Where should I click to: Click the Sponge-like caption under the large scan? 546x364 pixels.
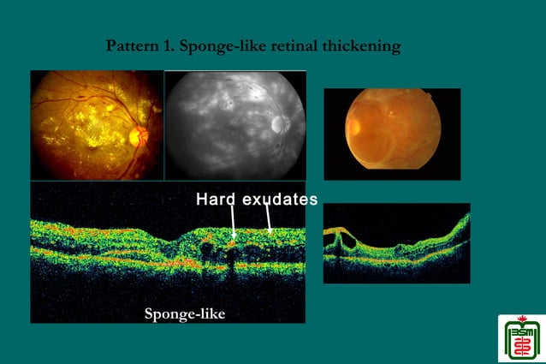[184, 313]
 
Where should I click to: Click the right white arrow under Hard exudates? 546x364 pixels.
[270, 222]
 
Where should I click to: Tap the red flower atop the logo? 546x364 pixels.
[520, 319]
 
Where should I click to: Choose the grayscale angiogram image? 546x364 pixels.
[234, 125]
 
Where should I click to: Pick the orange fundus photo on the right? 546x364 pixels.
[391, 134]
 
